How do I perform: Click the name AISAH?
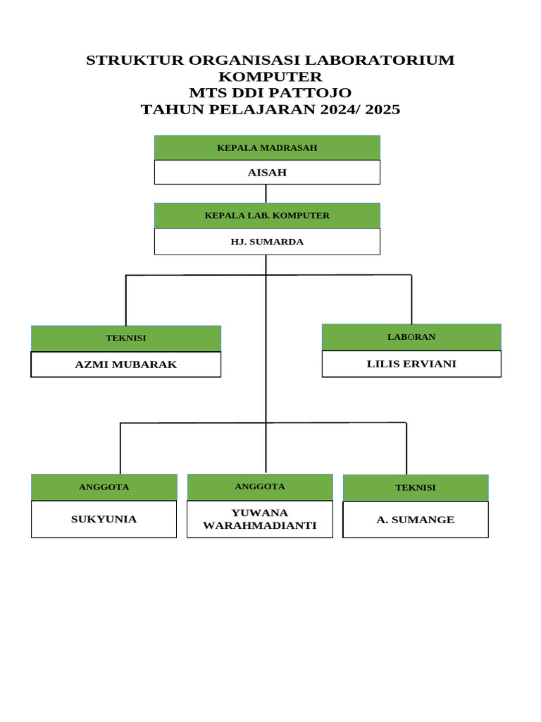267,172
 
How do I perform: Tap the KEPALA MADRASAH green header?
267,147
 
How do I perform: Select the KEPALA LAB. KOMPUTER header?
267,215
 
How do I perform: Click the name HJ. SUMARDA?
267,241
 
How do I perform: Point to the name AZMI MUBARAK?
126,365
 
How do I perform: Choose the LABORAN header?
411,336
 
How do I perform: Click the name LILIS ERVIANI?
411,364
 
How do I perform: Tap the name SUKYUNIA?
104,520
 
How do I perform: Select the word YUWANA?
259,513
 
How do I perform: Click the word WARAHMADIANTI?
259,525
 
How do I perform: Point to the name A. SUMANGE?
416,520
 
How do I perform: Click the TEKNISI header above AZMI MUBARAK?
126,338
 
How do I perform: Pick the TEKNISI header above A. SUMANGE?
416,487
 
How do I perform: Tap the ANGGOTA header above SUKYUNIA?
104,487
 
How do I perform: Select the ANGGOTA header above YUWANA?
259,486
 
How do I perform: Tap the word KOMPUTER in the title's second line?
270,76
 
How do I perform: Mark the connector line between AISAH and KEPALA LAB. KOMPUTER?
266,194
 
